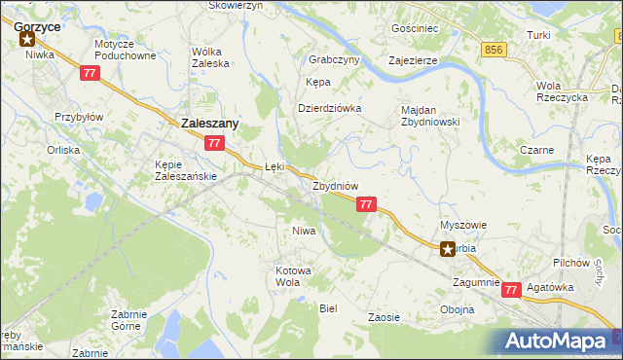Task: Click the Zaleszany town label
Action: coord(210,124)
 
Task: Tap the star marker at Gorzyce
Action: coord(27,40)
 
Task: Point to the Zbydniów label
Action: coord(336,185)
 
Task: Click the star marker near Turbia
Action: coord(448,248)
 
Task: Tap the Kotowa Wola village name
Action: coord(293,275)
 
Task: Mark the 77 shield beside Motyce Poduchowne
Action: coord(90,74)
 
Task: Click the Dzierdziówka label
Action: coord(329,108)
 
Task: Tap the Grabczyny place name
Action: coord(334,58)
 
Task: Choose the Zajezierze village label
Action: coord(412,59)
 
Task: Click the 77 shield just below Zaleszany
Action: coord(215,143)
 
